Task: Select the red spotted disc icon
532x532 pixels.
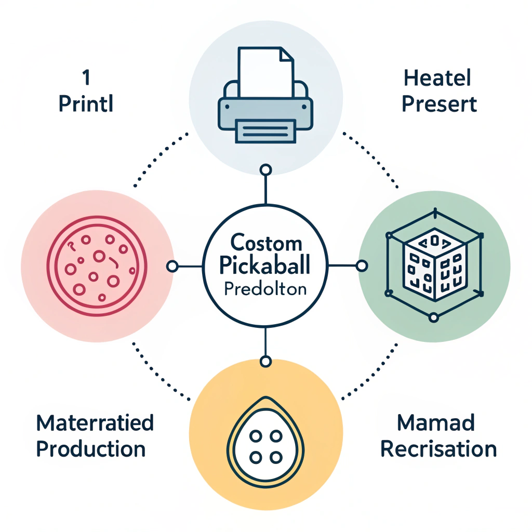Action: pyautogui.click(x=97, y=265)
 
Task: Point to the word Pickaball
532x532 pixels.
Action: pyautogui.click(x=265, y=265)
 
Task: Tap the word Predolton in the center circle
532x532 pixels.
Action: pyautogui.click(x=265, y=289)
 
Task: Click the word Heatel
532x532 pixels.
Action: pyautogui.click(x=437, y=79)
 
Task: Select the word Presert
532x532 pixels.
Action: pyautogui.click(x=440, y=104)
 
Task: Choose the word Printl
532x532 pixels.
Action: pyautogui.click(x=86, y=104)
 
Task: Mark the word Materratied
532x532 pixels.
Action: pyautogui.click(x=95, y=423)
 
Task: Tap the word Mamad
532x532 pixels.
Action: pyautogui.click(x=435, y=423)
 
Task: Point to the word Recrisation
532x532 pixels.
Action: pyautogui.click(x=438, y=448)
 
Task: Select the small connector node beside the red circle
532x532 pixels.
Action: pyautogui.click(x=172, y=267)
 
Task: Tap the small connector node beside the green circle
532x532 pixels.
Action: pyautogui.click(x=362, y=266)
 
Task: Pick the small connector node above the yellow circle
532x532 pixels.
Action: pyautogui.click(x=265, y=361)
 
